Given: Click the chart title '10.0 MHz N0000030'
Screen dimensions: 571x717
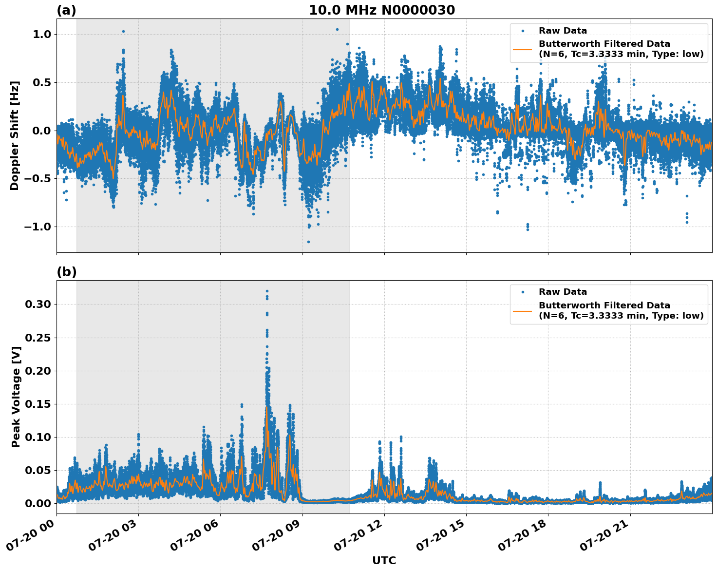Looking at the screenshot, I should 381,10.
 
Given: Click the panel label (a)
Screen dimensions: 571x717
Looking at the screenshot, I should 66,10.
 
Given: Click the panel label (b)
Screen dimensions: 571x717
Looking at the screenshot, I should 66,272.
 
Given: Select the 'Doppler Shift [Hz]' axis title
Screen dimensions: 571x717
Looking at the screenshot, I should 15,135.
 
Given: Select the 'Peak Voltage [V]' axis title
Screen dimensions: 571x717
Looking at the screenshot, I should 16,397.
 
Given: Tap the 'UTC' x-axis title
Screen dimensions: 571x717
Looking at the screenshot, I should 384,560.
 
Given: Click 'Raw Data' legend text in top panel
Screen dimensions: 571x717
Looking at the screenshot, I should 563,31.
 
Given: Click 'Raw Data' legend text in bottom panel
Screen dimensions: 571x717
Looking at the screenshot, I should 563,292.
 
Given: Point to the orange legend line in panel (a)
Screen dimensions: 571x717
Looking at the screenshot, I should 523,49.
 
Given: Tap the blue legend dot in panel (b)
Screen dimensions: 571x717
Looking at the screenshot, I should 523,292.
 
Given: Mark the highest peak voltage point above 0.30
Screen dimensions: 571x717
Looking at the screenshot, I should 267,291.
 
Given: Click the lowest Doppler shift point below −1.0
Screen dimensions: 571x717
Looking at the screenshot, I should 308,242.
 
